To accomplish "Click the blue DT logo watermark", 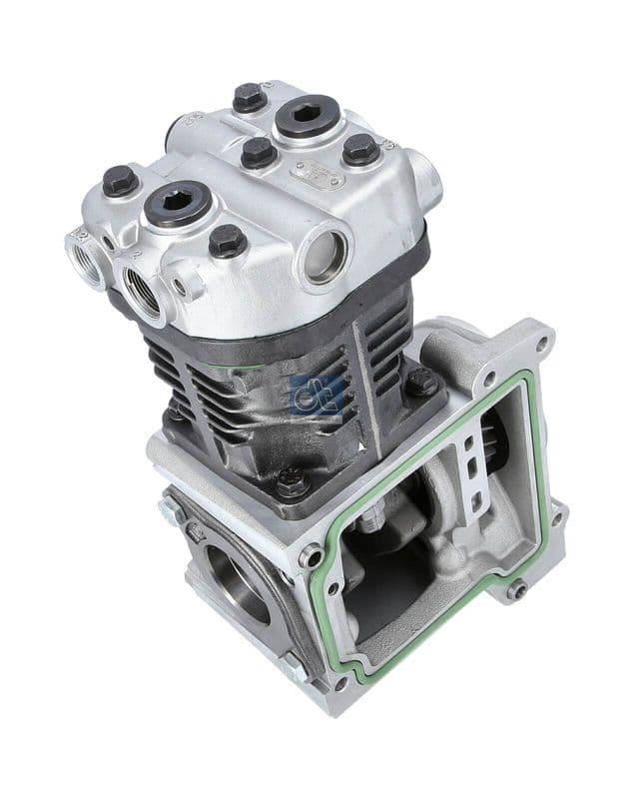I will [317, 395].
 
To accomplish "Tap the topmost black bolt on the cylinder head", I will [248, 98].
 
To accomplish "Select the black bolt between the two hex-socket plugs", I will [258, 152].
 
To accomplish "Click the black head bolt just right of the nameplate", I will [359, 150].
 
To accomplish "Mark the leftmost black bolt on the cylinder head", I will [120, 181].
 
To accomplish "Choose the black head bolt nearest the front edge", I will [228, 241].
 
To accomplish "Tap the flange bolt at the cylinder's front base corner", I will [291, 482].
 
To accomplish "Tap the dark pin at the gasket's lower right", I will [514, 589].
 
